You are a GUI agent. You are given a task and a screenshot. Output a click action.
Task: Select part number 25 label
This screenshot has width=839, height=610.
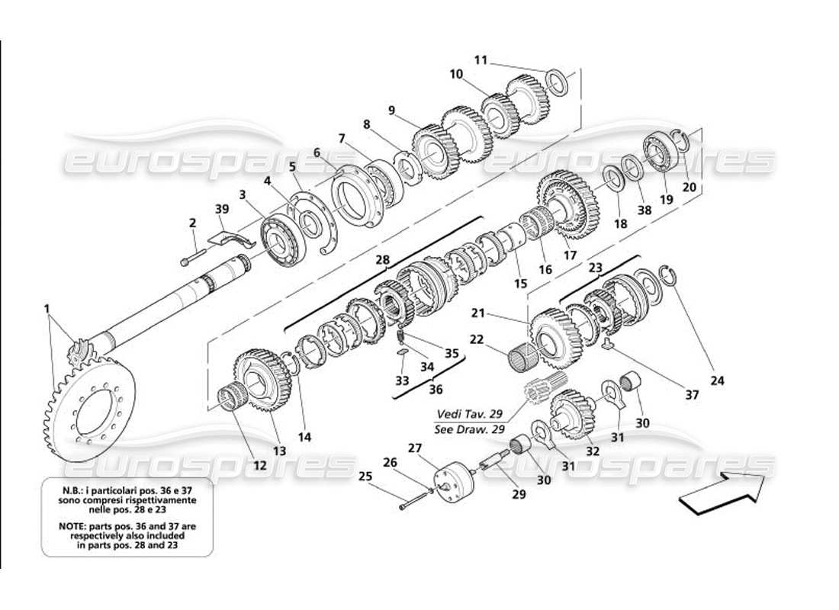(365, 477)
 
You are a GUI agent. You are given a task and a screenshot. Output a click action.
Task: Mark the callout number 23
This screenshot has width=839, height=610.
(595, 268)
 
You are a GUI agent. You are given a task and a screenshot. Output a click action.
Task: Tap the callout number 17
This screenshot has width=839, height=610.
(569, 255)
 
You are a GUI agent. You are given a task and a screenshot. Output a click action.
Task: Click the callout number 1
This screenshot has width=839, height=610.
(47, 309)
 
